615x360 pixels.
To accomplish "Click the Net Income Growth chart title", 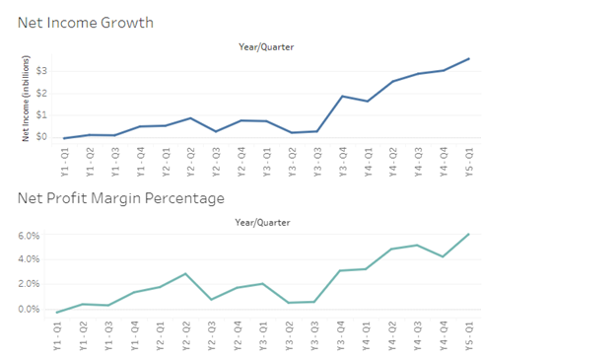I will [85, 22].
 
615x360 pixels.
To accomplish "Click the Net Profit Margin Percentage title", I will [121, 198].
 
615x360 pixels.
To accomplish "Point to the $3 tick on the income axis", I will [41, 71].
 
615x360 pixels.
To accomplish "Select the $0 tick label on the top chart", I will [41, 136].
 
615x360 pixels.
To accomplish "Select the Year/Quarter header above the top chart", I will [266, 46].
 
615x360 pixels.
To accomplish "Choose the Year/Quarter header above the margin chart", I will [266, 223].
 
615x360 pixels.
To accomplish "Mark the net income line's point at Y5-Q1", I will [468, 58].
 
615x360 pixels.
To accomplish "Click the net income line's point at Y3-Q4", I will [342, 96].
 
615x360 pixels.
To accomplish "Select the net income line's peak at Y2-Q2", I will [191, 118].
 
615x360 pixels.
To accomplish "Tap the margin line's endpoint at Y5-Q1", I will [468, 234].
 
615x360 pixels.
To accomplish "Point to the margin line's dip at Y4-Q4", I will [444, 256].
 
